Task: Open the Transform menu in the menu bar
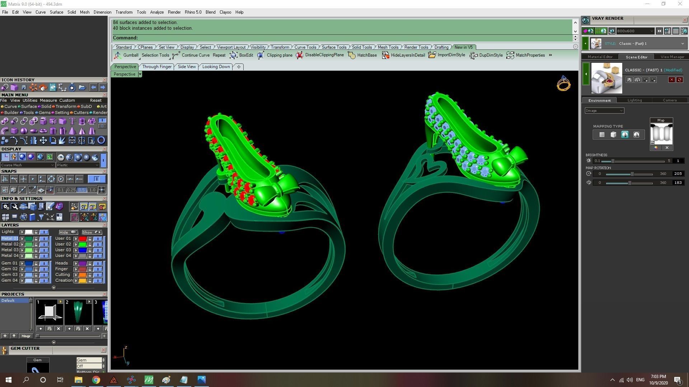pos(124,12)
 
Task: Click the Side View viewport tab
pos(187,67)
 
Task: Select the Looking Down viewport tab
pos(216,67)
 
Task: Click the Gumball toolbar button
pos(126,55)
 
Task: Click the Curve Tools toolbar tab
pos(305,47)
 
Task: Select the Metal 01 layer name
pos(9,238)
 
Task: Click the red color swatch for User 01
pos(83,239)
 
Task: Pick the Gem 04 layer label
pos(9,280)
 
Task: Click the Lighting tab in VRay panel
pos(634,100)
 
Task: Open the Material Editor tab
pos(600,57)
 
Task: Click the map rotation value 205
pos(678,174)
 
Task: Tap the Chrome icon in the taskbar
pos(96,380)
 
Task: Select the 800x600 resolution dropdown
pos(634,31)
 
